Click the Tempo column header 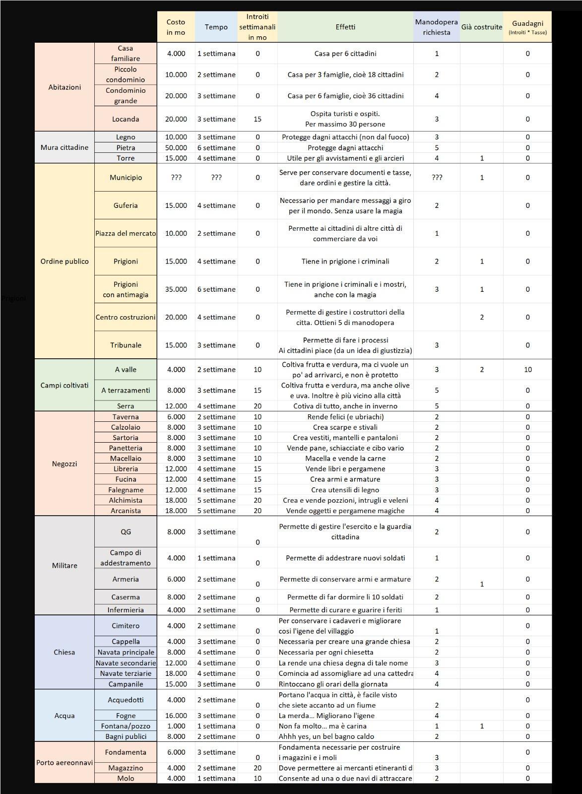pyautogui.click(x=216, y=27)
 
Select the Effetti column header pyautogui.click(x=345, y=27)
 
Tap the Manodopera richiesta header pyautogui.click(x=436, y=27)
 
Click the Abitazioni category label pyautogui.click(x=65, y=87)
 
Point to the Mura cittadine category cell pyautogui.click(x=65, y=147)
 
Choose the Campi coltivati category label pyautogui.click(x=65, y=385)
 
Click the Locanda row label pyautogui.click(x=126, y=119)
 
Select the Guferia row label pyautogui.click(x=126, y=205)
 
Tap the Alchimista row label pyautogui.click(x=126, y=500)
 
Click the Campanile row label pyautogui.click(x=126, y=684)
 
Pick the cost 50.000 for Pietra pyautogui.click(x=176, y=147)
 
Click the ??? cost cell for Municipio pyautogui.click(x=176, y=178)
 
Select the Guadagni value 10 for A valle pyautogui.click(x=527, y=370)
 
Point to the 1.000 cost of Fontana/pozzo pyautogui.click(x=176, y=726)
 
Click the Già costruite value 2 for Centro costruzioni pyautogui.click(x=482, y=317)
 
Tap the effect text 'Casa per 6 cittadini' pyautogui.click(x=345, y=54)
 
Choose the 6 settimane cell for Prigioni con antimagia pyautogui.click(x=216, y=289)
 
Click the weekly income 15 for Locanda pyautogui.click(x=258, y=119)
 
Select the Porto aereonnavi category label pyautogui.click(x=65, y=762)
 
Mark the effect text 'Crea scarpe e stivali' pyautogui.click(x=345, y=427)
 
